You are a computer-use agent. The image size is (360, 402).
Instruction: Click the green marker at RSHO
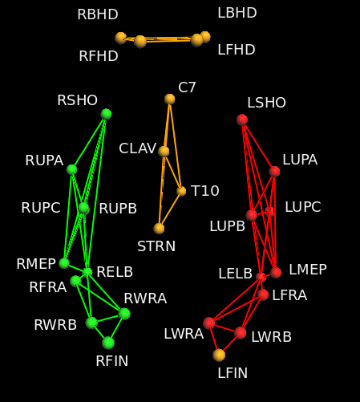point(106,114)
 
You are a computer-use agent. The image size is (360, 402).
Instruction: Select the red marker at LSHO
point(242,120)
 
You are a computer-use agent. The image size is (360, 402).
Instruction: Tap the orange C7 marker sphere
point(170,99)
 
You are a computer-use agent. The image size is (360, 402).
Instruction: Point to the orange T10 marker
point(181,191)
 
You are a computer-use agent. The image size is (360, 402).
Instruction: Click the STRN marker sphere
point(160,229)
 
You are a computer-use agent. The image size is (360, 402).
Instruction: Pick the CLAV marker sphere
point(164,151)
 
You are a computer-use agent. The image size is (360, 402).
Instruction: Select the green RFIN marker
point(108,343)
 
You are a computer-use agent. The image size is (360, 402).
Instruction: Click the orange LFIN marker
point(219,355)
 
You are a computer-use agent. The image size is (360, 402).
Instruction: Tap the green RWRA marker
point(124,314)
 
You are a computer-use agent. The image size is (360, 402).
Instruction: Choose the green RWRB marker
point(91,323)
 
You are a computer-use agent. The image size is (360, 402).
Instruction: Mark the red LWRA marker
point(209,323)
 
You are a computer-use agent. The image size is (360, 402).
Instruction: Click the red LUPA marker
point(274,171)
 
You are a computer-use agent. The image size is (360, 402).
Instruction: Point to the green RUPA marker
point(71,169)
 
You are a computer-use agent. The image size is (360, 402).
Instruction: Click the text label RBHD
point(98,14)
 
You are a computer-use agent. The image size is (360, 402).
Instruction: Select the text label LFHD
point(237,50)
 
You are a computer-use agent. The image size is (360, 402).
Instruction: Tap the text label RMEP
point(36,264)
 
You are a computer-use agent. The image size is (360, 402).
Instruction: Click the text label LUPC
point(302,207)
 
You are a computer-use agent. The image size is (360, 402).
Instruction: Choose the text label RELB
point(115,272)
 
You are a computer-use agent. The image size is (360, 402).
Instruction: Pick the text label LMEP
point(308,270)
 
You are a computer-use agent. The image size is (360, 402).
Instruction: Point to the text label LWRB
point(272,337)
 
